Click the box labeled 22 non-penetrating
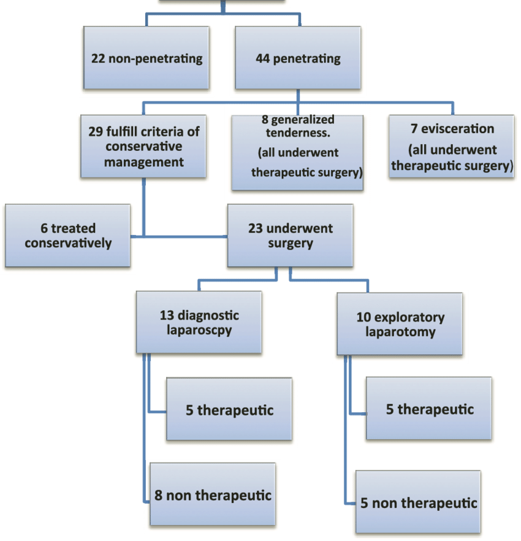[146, 59]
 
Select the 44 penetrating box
[297, 59]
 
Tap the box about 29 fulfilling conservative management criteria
[144, 146]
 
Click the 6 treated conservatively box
[68, 236]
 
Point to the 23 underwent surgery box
[291, 236]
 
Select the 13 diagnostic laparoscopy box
[199, 324]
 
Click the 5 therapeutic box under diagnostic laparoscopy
[229, 409]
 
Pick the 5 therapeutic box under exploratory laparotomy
[429, 409]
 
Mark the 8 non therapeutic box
[213, 494]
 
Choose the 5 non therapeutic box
[418, 502]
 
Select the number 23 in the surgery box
[256, 228]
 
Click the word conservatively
[68, 243]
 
